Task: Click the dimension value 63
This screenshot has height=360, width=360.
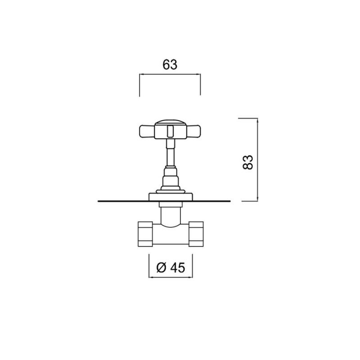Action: click(x=170, y=64)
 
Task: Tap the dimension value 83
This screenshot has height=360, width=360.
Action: click(x=248, y=162)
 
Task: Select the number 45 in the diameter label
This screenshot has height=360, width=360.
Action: click(x=178, y=267)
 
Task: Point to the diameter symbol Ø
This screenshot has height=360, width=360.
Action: click(x=161, y=267)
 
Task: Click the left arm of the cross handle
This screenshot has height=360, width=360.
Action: click(x=147, y=131)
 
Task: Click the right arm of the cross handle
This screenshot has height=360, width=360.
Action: click(x=193, y=131)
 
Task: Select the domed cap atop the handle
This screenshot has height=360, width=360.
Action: click(x=170, y=122)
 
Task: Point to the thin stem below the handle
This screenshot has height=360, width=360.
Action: click(x=170, y=153)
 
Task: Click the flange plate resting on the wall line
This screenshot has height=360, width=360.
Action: click(x=171, y=197)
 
